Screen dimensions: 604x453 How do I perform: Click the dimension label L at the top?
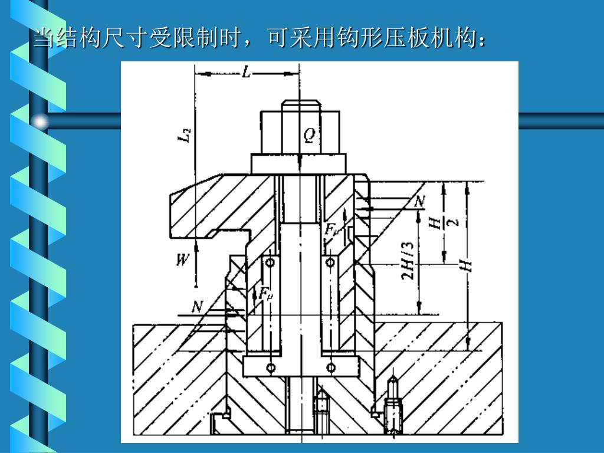(247, 73)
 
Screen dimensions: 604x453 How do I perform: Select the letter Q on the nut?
(310, 136)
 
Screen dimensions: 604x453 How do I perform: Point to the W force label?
(183, 260)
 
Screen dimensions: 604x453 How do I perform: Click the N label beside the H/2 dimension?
(419, 202)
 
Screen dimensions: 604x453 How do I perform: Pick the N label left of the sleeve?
(198, 307)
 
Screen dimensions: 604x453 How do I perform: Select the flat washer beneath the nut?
(298, 163)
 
